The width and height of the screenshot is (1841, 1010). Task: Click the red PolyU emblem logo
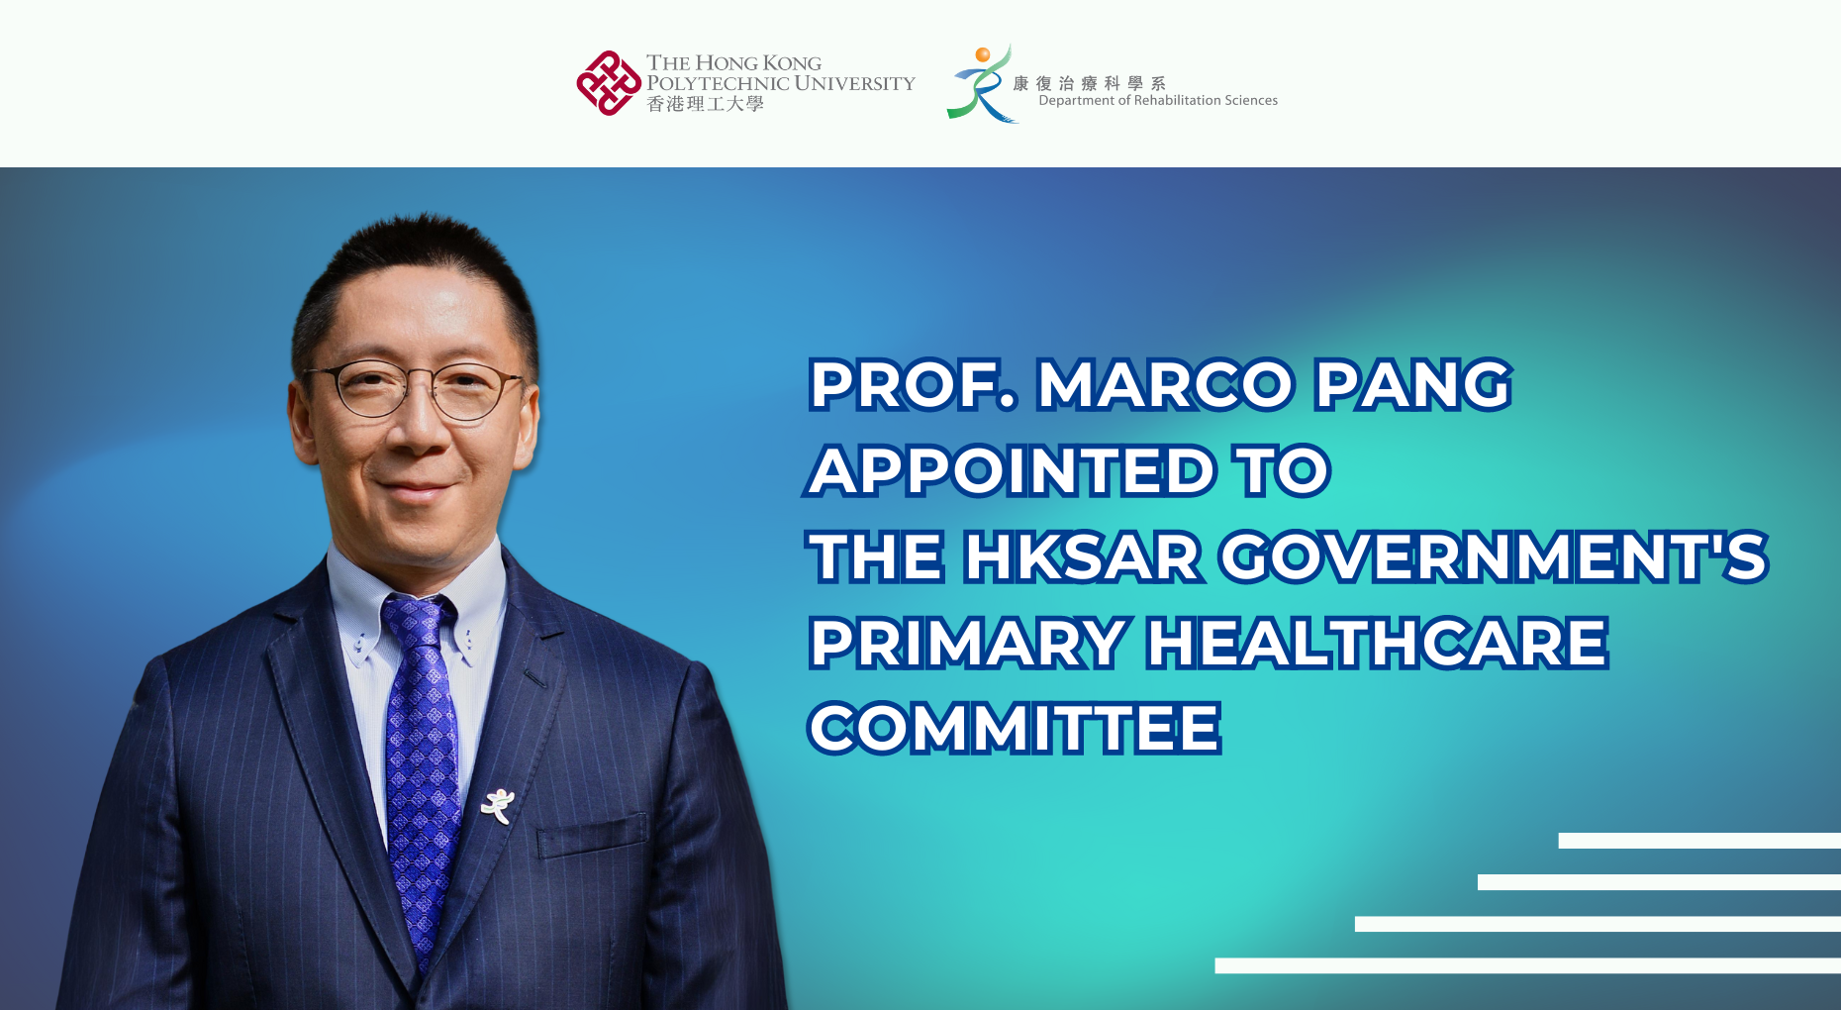coord(609,83)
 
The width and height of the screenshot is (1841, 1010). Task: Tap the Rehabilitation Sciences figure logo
coord(979,83)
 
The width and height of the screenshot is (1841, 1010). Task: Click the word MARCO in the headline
coord(1165,384)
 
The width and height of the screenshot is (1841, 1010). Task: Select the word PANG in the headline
coord(1413,384)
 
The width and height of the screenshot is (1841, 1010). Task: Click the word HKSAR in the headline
coord(1084,556)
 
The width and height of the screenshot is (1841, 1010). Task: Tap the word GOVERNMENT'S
coord(1494,556)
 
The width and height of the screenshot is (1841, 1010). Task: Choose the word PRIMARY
coord(969,643)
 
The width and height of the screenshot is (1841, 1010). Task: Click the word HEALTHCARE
coord(1378,643)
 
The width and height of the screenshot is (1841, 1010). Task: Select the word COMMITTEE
coord(1016,729)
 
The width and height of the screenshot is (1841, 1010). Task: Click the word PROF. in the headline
coord(913,384)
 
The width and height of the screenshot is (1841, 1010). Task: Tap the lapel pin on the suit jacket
coord(497,805)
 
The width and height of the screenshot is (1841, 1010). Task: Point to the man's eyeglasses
coord(416,389)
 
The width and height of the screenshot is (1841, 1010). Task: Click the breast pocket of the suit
coord(592,838)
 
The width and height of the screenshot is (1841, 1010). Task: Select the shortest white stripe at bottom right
coord(1698,841)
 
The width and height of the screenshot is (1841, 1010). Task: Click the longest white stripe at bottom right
coord(1527,965)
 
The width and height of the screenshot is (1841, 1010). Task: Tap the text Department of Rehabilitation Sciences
coord(1158,101)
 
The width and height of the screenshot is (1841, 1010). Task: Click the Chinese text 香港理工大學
coord(705,104)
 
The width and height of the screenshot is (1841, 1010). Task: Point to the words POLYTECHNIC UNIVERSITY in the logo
coord(781,84)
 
